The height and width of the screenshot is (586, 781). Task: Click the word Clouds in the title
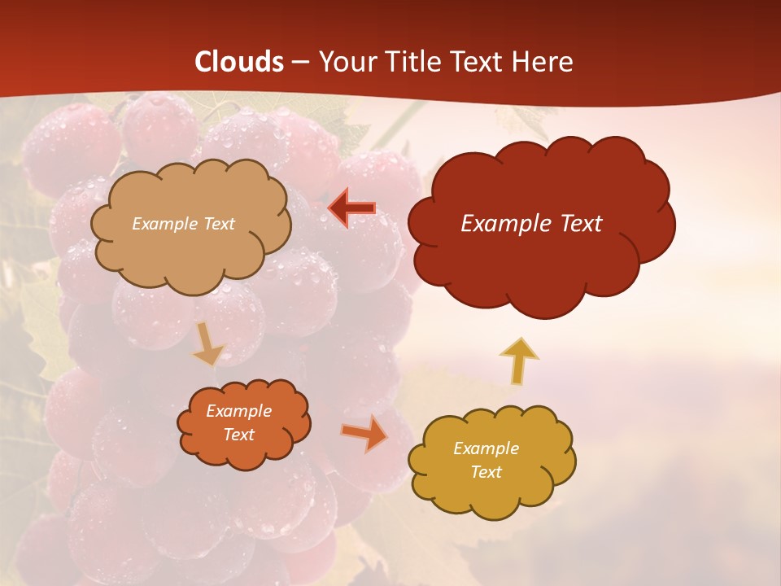pyautogui.click(x=239, y=62)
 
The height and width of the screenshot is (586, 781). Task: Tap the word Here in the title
pyautogui.click(x=543, y=62)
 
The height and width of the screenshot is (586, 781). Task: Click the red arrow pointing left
pyautogui.click(x=352, y=208)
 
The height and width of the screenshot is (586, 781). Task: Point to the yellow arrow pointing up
pyautogui.click(x=518, y=360)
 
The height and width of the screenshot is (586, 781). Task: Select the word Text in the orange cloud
pyautogui.click(x=238, y=435)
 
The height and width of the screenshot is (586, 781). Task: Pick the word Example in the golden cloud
pyautogui.click(x=486, y=448)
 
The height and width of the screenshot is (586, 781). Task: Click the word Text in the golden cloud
pyautogui.click(x=486, y=472)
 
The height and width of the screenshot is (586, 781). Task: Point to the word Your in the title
pyautogui.click(x=347, y=62)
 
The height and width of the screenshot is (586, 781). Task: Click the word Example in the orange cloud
pyautogui.click(x=238, y=411)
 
